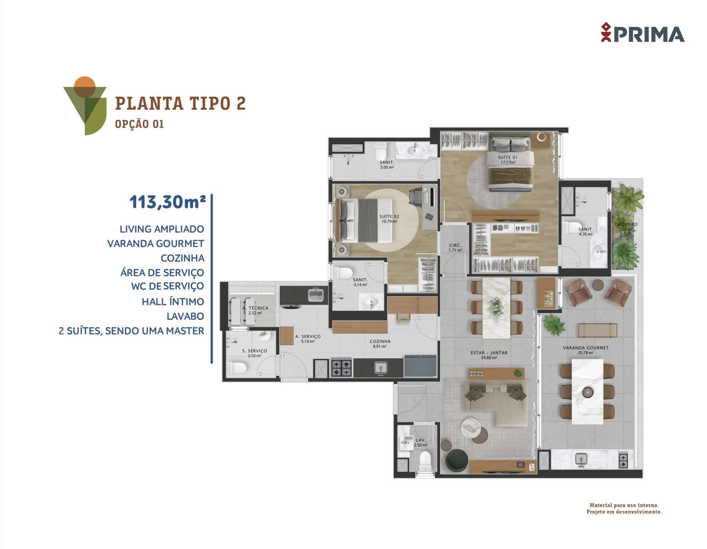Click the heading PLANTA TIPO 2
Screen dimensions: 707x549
point(181,103)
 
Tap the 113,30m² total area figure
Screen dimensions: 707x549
point(168,202)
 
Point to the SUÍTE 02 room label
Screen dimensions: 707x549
point(389,219)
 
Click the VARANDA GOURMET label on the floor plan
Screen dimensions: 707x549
point(586,350)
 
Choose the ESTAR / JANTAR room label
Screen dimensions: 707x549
point(489,355)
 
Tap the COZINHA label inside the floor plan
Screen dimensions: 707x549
point(380,343)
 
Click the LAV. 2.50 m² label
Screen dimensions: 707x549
point(421,442)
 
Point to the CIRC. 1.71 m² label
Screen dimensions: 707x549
point(455,248)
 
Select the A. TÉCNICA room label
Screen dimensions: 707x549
point(255,310)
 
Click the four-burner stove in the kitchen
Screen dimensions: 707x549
point(341,368)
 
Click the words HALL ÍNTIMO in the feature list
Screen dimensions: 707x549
point(173,302)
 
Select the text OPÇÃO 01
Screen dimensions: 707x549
point(139,124)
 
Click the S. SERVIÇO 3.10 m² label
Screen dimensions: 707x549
point(254,353)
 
